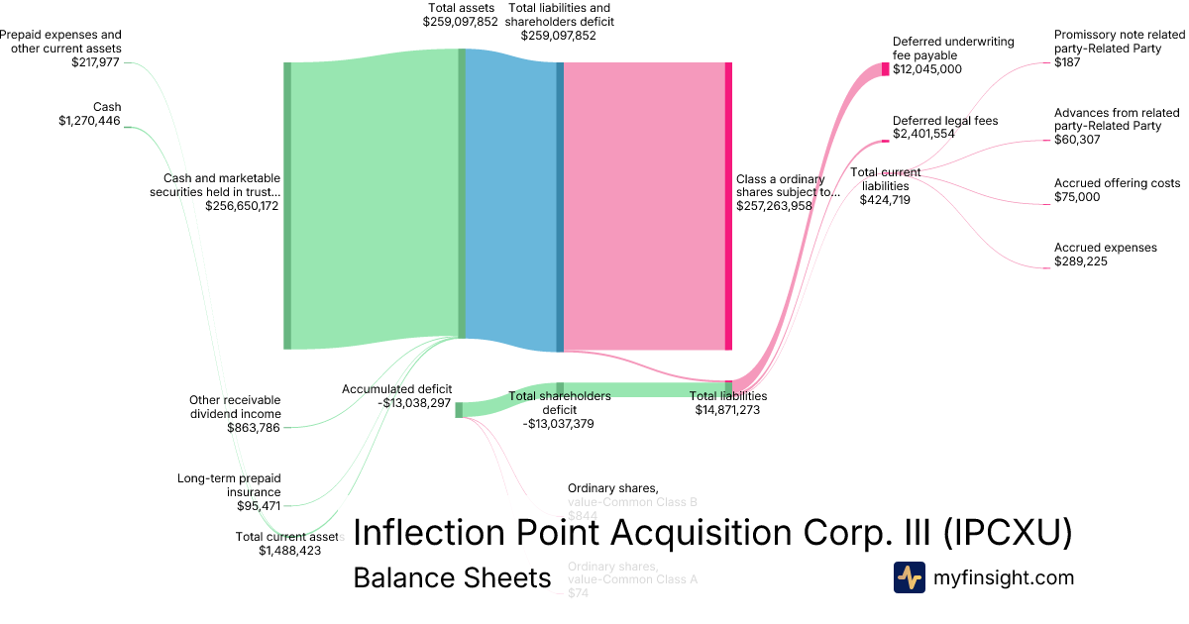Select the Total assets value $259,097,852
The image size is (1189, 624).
pos(460,21)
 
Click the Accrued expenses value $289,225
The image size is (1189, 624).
pos(1080,261)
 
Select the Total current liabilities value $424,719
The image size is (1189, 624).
pos(886,199)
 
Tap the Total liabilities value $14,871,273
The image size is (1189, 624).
pos(727,409)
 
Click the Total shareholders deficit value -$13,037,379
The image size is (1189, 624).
pos(559,423)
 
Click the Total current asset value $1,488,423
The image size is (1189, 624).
pos(289,551)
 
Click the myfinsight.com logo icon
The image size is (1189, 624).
pos(909,577)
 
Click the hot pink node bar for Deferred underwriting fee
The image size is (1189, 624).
pos(885,69)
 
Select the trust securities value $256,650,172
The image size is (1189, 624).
pos(242,206)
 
